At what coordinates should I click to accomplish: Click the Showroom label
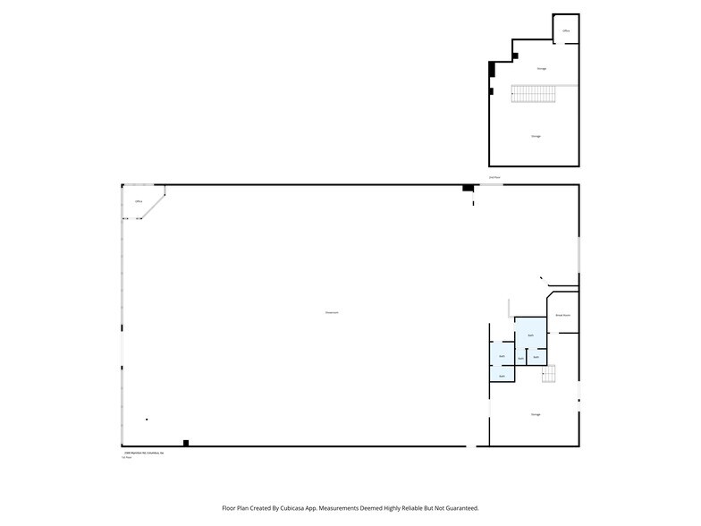coord(331,312)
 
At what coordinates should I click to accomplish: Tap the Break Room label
coord(563,316)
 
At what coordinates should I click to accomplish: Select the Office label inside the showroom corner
coord(139,202)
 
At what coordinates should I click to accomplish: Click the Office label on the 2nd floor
coord(566,31)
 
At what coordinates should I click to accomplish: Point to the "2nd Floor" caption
coord(494,178)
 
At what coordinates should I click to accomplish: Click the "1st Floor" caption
coord(126,458)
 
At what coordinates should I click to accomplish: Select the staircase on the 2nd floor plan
coord(534,92)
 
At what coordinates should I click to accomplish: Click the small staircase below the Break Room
coord(549,373)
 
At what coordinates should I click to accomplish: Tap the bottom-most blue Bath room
coord(502,376)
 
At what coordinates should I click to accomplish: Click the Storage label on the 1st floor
coord(536,414)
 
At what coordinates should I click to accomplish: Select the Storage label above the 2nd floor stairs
coord(542,68)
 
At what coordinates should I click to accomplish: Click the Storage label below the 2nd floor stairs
coord(536,136)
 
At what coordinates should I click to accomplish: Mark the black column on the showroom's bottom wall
coord(186,442)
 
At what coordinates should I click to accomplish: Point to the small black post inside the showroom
coord(147,419)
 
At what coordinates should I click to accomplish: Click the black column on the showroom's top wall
coord(467,188)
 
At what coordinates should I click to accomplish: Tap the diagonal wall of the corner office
coord(154,203)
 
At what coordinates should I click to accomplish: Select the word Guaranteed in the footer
coord(460,507)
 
